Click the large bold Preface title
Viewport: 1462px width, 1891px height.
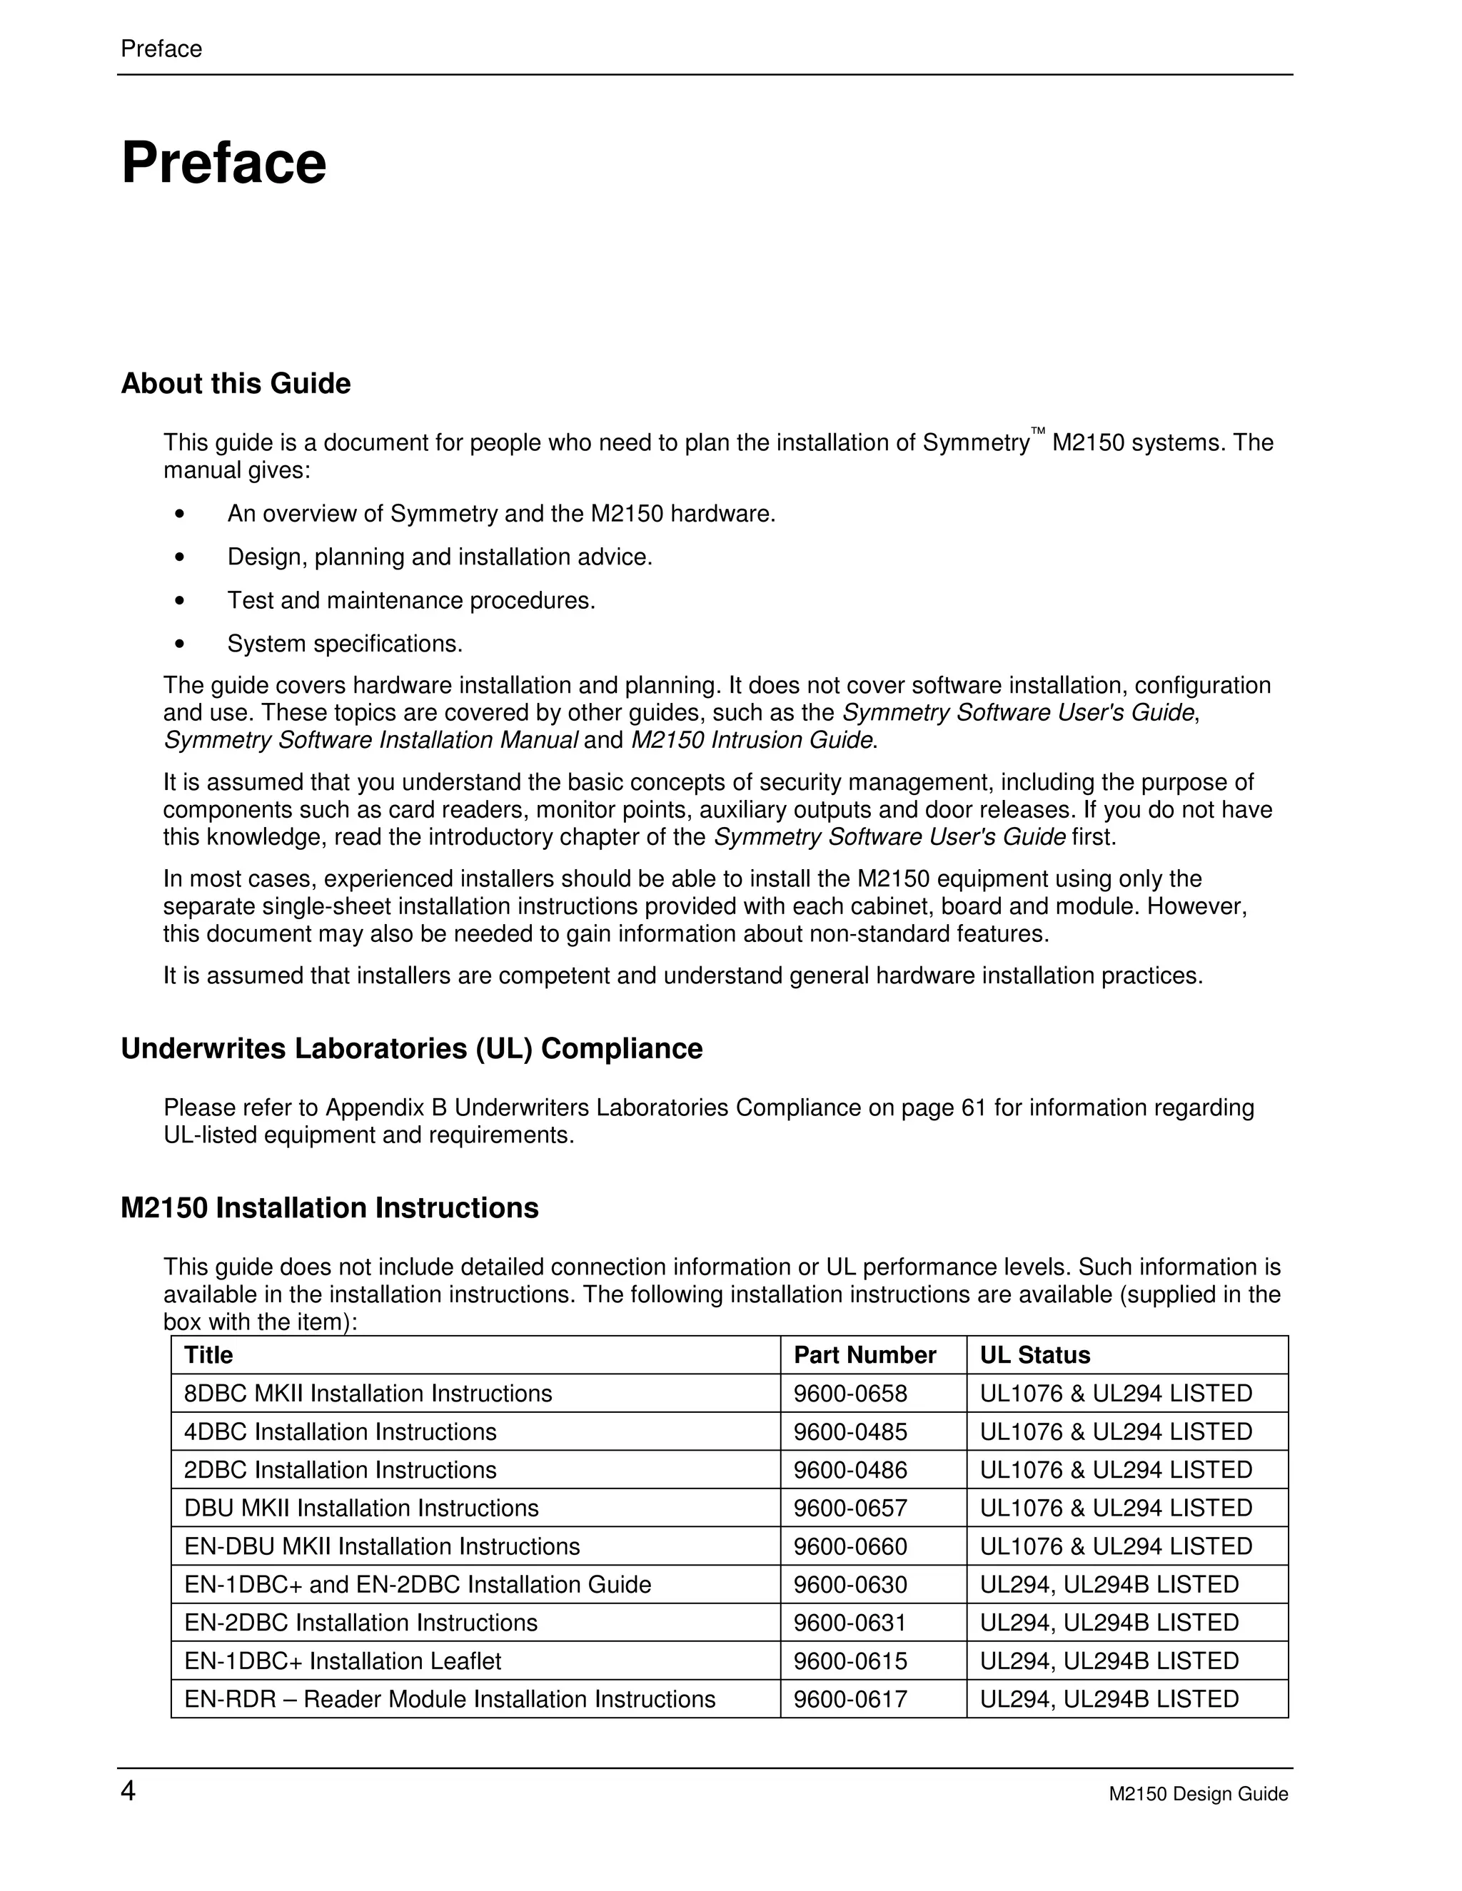(223, 163)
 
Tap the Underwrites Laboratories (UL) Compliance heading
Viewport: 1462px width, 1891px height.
(411, 1048)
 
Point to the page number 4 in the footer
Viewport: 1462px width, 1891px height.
(128, 1790)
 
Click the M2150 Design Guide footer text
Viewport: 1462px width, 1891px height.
(1198, 1794)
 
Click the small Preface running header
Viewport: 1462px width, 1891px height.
(161, 49)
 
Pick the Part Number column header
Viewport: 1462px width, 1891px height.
(864, 1354)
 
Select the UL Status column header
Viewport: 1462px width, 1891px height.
(1034, 1354)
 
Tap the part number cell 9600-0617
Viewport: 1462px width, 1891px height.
(850, 1699)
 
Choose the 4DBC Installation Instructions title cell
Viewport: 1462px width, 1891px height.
(341, 1431)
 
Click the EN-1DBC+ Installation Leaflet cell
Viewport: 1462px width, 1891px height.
(342, 1661)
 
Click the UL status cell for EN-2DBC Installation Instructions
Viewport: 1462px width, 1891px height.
(1109, 1623)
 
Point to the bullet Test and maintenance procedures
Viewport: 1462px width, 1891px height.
(411, 600)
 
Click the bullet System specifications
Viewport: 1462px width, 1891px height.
(345, 644)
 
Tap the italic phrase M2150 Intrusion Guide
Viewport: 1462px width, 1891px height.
(751, 740)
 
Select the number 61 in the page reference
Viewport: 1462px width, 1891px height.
(974, 1107)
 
